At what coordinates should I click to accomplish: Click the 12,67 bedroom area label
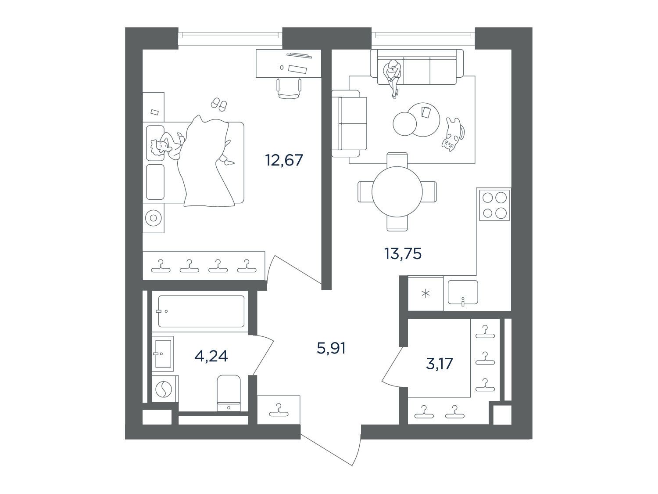click(284, 160)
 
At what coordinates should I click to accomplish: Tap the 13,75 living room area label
click(403, 253)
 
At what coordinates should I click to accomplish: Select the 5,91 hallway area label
click(331, 348)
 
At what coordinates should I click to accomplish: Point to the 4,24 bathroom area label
click(211, 356)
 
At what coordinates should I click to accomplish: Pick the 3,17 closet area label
click(439, 364)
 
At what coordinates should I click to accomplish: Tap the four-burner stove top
click(494, 205)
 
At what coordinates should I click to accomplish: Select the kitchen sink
click(462, 292)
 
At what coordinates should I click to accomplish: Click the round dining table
click(397, 191)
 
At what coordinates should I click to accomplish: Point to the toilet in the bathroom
click(229, 393)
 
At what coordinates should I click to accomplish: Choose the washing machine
click(164, 389)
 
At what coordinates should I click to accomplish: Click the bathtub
click(201, 311)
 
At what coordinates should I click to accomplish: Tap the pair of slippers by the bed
click(219, 104)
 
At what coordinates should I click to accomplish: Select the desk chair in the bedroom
click(289, 88)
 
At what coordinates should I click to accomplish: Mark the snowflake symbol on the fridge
click(426, 294)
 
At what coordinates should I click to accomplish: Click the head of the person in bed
click(159, 148)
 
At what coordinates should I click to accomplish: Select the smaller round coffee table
click(405, 124)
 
